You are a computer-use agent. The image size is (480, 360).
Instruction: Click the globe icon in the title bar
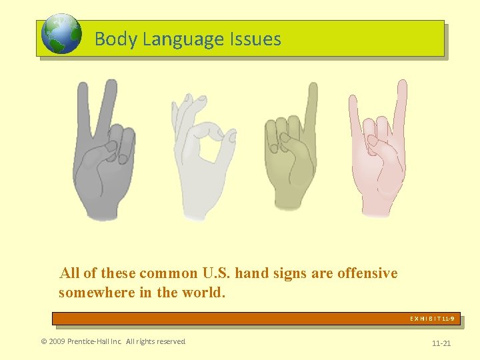pos(61,35)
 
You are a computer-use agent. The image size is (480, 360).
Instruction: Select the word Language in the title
pos(177,39)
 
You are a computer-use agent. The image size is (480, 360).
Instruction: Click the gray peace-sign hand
pos(103,160)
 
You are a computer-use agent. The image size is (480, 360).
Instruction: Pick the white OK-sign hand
pos(200,160)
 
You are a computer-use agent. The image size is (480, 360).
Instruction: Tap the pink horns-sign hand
pos(377,160)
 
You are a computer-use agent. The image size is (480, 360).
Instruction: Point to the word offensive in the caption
pos(367,273)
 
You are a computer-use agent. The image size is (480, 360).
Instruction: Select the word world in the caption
pos(204,293)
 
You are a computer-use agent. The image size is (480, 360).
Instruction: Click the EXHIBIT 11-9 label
pos(432,319)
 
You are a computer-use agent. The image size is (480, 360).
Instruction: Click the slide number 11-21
pos(441,343)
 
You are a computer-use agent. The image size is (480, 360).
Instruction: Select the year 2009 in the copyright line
pos(59,342)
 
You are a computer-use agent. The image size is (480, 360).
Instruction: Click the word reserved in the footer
pos(171,342)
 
